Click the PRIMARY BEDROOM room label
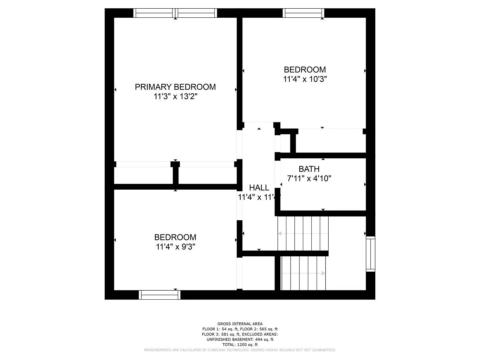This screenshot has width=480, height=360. tap(175, 87)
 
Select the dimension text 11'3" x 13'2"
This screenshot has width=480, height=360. tap(175, 97)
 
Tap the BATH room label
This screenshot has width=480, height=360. tap(309, 169)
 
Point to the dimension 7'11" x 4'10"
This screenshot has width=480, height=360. tap(309, 179)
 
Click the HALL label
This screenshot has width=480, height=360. tap(259, 188)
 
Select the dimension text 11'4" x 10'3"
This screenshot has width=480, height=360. tap(305, 79)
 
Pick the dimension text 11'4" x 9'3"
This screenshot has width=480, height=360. tap(175, 247)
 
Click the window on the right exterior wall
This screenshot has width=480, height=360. tap(370, 254)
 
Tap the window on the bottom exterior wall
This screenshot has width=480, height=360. tap(160, 295)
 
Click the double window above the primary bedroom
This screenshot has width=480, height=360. tap(175, 13)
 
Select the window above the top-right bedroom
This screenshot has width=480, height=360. tap(303, 13)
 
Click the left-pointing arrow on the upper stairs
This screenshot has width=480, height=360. tap(280, 234)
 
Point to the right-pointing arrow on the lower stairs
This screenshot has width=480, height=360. tap(323, 273)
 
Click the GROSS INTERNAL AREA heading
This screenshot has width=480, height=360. tap(240, 324)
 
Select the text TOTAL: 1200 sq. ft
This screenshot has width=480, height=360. tap(240, 345)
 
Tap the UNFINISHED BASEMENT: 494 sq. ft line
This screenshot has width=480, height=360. tap(240, 339)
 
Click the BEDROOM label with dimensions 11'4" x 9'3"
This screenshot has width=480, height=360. tap(175, 237)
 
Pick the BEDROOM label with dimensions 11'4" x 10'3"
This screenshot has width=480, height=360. tap(305, 70)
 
